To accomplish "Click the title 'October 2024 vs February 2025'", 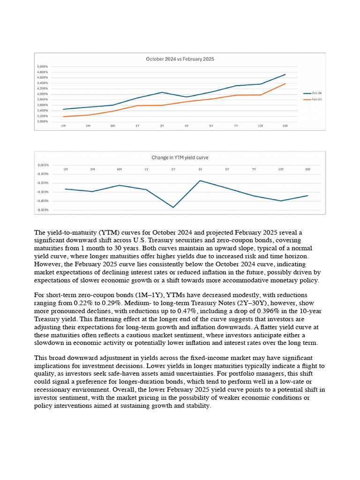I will point(180,59).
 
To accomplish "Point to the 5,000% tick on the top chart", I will point(42,67).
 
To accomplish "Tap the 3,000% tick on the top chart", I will point(42,121).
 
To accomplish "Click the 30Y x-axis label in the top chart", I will point(285,126).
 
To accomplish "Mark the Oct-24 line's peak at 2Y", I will point(162,92).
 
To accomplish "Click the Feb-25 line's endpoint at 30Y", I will point(285,84).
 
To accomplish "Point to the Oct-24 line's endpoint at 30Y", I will point(285,75).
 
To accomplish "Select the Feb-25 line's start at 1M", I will point(63,117).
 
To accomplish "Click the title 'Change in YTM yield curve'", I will point(180,157).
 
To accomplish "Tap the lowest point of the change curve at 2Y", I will point(173,207).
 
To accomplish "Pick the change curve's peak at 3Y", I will point(200,180).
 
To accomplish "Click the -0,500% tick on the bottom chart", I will point(43,210).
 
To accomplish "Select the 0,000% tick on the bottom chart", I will point(43,165).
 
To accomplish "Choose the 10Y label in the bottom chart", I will point(281,169).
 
